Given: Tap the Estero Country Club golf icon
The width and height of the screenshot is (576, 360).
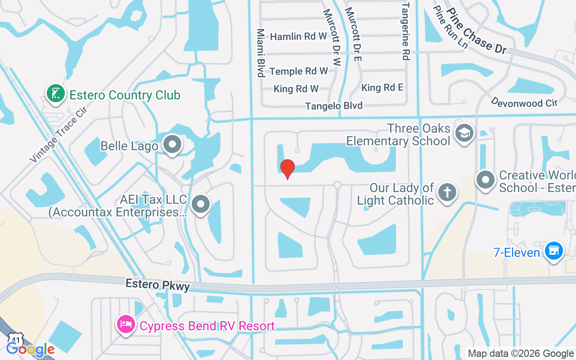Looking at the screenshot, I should tap(55, 94).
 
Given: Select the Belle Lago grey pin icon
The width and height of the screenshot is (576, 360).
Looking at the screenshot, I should tap(172, 144).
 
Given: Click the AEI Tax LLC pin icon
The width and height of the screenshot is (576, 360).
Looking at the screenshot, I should tap(201, 204).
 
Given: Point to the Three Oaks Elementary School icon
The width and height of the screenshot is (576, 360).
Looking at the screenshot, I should tap(464, 133).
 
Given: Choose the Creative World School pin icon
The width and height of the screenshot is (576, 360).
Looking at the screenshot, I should tap(486, 180).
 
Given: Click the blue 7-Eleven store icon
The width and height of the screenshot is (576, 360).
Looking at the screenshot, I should tap(554, 250).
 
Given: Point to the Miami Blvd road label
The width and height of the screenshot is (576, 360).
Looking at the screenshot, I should tap(260, 53).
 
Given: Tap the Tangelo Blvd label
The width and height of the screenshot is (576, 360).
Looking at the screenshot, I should tap(334, 106).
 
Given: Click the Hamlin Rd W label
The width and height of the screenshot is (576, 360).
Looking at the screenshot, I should tap(298, 36).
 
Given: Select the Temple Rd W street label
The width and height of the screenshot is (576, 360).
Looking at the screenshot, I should tap(299, 71).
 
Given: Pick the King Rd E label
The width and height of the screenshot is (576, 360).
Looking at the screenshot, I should tap(382, 88).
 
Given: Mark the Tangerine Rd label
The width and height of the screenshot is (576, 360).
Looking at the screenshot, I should tap(405, 31).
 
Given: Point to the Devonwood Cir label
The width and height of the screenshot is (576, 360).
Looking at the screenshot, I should tap(524, 103).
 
